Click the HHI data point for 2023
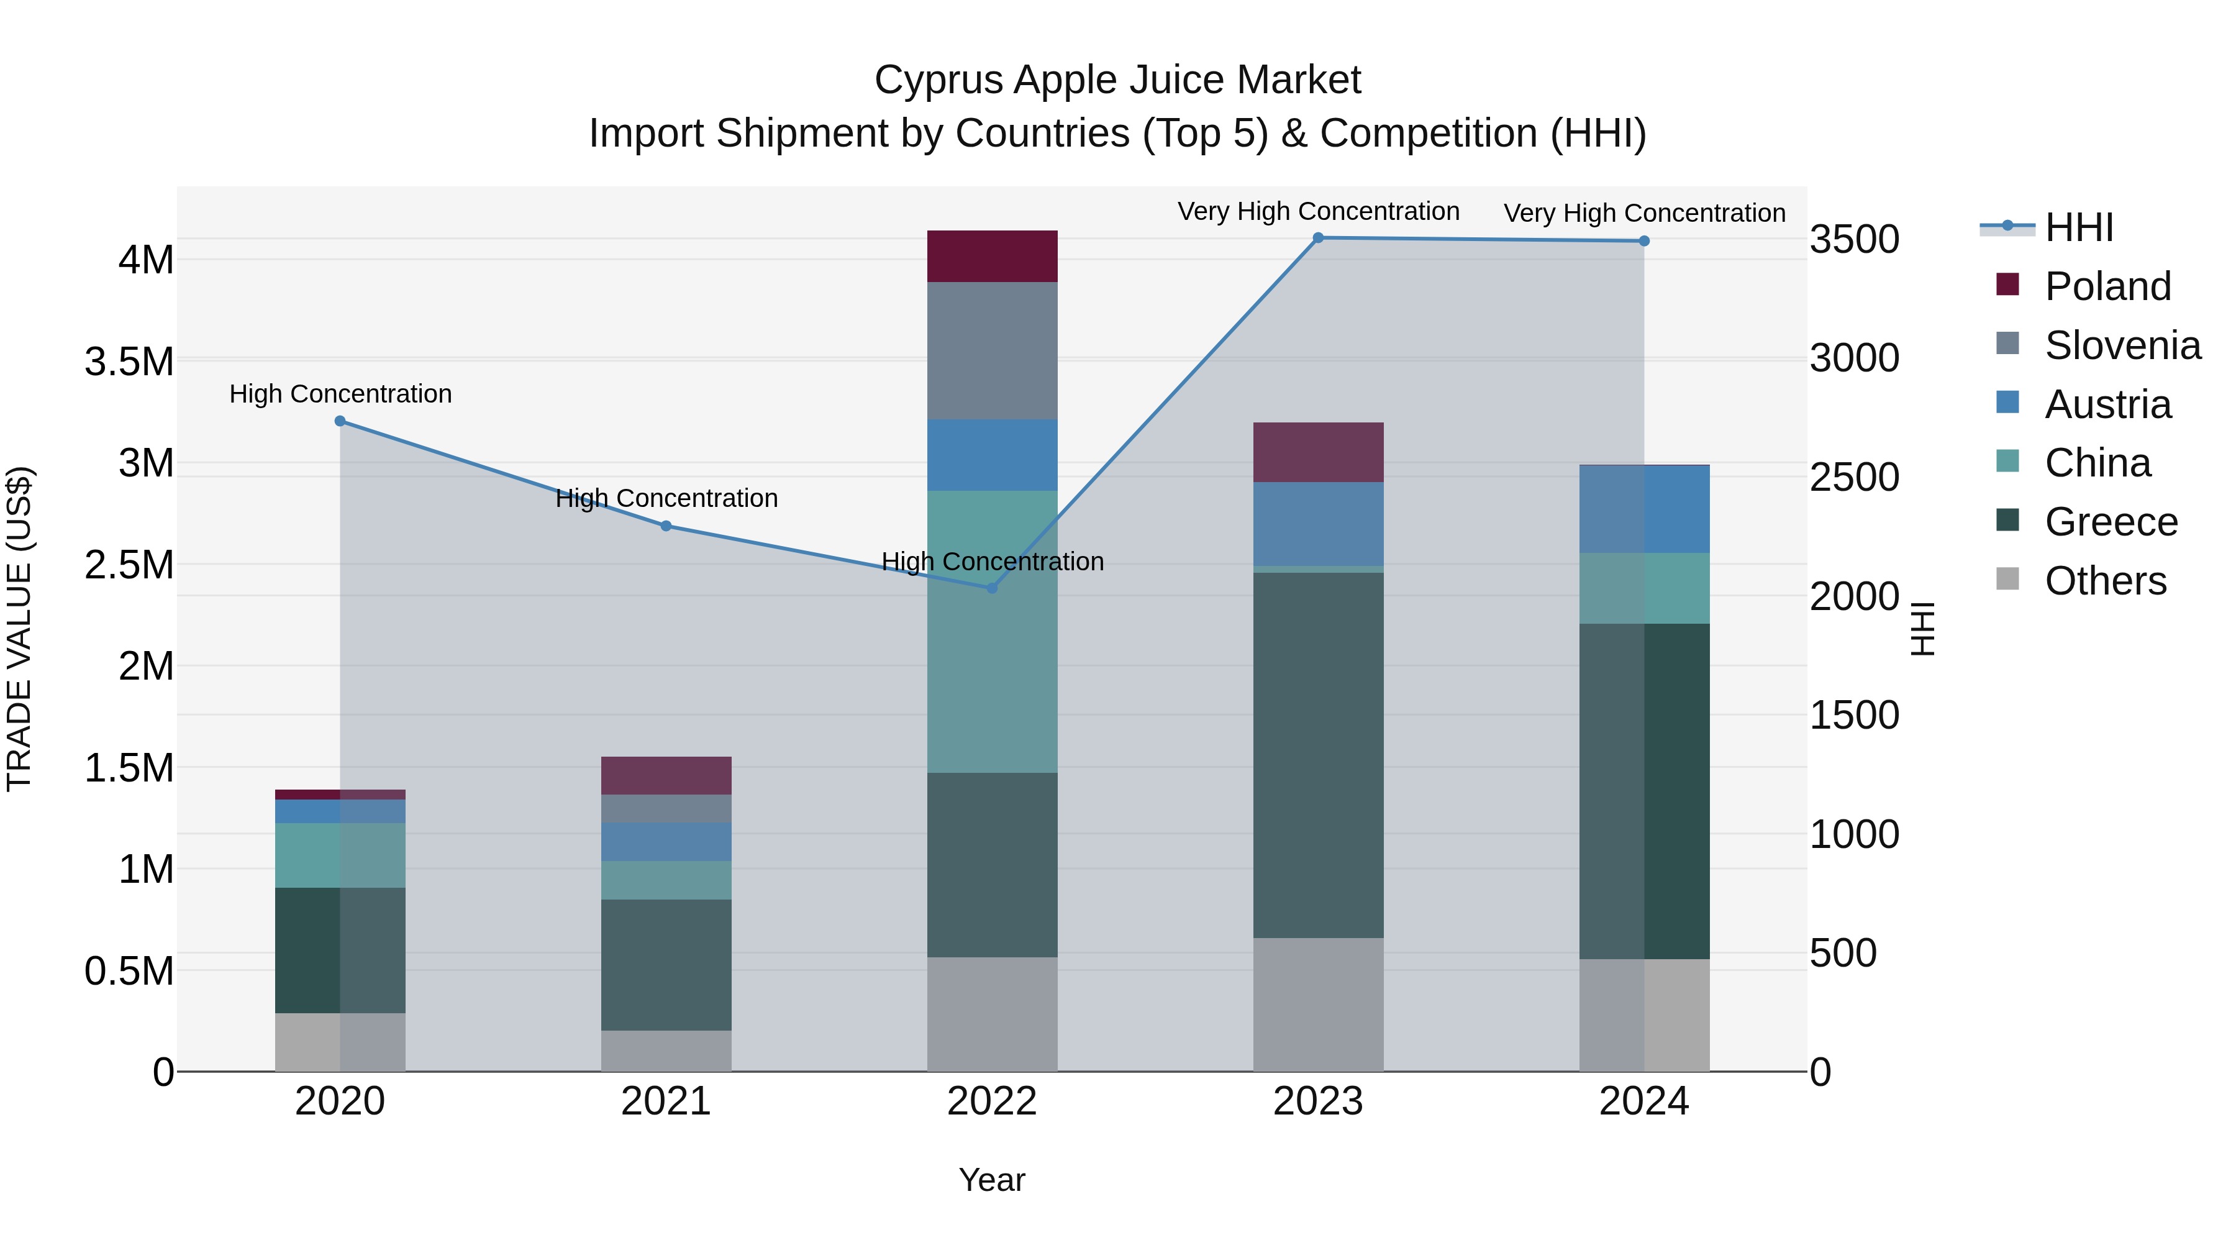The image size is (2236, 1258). tap(1317, 238)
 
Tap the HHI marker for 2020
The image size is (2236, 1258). tap(340, 421)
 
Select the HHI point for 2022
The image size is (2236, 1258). tap(992, 588)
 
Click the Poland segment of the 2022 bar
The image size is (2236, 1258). tap(992, 256)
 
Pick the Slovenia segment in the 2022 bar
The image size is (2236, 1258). tap(992, 351)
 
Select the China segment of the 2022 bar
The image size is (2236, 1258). tap(992, 631)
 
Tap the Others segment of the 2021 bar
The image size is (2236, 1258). tap(666, 1051)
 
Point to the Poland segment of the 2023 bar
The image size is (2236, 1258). tap(1317, 452)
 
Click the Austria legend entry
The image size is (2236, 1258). tap(2107, 404)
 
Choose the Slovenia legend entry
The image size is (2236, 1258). tap(2122, 345)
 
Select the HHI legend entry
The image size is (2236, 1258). tap(2078, 227)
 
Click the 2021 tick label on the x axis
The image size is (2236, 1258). tap(666, 1101)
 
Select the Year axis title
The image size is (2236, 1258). tap(991, 1180)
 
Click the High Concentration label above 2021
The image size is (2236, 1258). tap(666, 498)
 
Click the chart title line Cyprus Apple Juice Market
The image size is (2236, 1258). tap(1117, 80)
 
